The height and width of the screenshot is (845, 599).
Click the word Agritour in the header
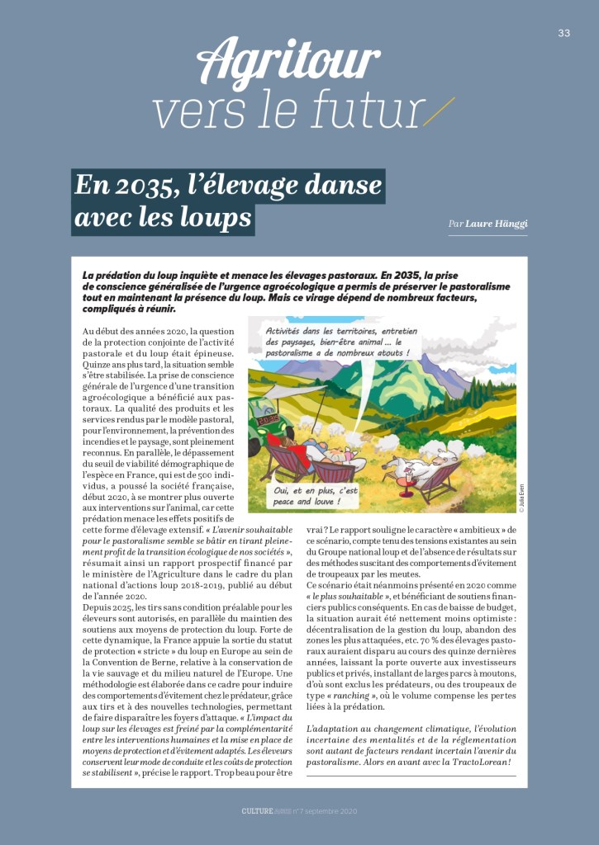(x=288, y=63)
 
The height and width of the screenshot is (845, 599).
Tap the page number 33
(x=564, y=33)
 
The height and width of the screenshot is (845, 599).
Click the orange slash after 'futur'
(x=438, y=111)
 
